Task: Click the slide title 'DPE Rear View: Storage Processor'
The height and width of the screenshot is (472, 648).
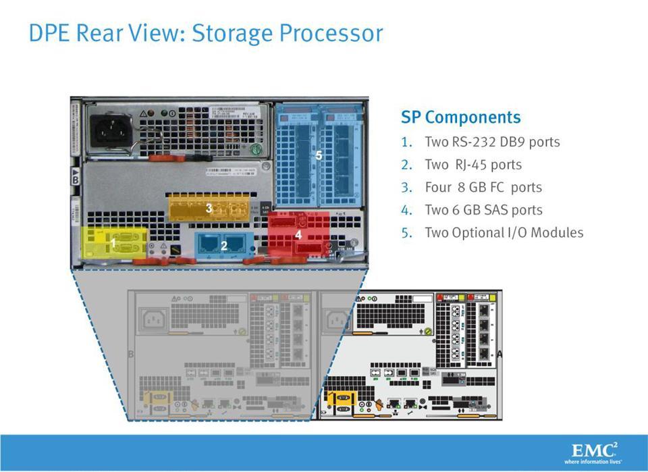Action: point(206,33)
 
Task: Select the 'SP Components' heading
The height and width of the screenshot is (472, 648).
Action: point(461,117)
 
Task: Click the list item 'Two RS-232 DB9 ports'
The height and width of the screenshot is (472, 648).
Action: point(492,142)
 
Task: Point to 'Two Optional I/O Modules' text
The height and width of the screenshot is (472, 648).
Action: point(504,233)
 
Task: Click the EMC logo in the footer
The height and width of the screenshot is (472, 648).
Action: point(595,450)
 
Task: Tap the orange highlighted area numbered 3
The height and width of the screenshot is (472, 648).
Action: point(210,208)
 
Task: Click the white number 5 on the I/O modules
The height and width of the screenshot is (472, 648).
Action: point(319,155)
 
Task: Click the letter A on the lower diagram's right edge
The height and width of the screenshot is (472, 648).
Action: point(500,352)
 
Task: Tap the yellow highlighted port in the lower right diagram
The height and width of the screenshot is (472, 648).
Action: point(342,402)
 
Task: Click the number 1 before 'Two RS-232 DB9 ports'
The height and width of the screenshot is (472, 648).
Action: point(405,142)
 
